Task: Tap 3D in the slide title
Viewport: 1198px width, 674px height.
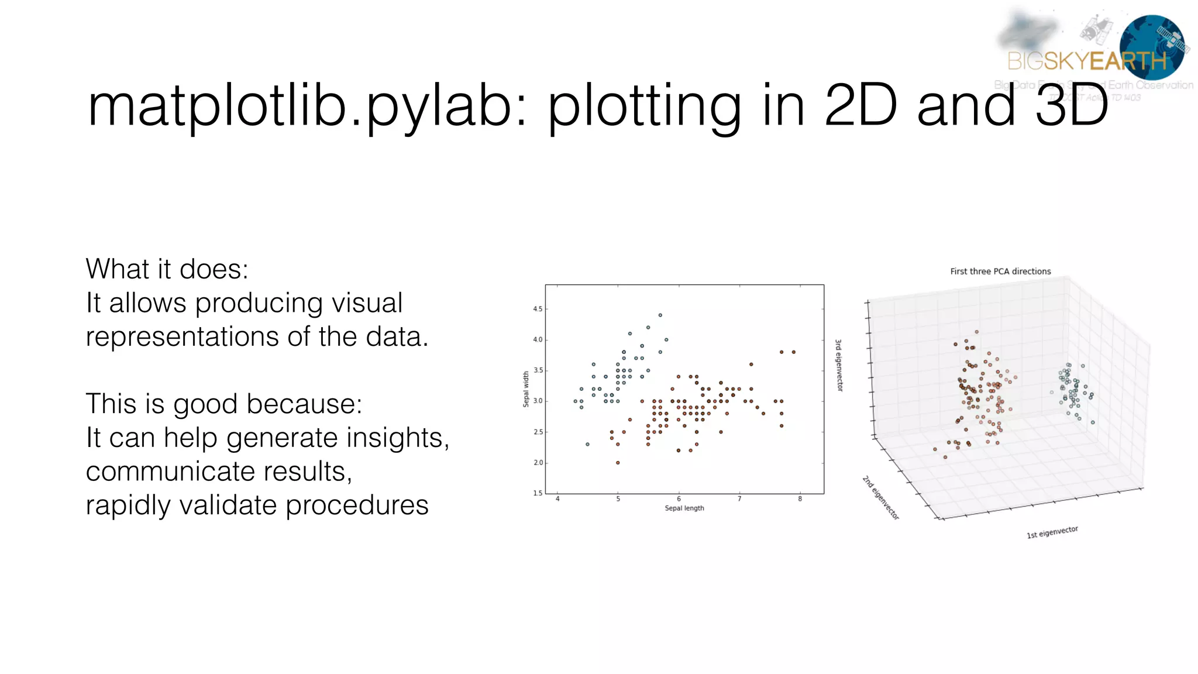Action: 1072,105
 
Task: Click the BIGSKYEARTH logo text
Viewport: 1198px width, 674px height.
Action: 1087,61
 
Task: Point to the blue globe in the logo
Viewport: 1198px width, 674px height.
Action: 1151,47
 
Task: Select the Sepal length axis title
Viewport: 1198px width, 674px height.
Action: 684,508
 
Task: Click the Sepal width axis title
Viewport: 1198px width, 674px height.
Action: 525,389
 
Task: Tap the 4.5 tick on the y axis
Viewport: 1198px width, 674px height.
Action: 537,309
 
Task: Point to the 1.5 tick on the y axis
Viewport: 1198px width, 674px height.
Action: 537,493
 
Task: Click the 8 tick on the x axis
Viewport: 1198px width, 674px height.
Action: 800,499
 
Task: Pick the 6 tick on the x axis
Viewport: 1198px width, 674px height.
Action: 679,499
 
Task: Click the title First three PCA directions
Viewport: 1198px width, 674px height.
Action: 1000,271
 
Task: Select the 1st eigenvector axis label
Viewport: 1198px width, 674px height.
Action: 1052,532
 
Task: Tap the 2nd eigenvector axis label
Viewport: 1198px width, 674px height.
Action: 880,498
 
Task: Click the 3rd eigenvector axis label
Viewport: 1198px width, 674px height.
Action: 839,365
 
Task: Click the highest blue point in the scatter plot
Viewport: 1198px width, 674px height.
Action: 660,315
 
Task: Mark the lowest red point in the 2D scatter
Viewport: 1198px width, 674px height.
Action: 618,463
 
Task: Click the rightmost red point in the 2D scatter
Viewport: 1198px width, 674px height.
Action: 793,352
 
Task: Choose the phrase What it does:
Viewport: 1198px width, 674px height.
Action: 167,269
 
